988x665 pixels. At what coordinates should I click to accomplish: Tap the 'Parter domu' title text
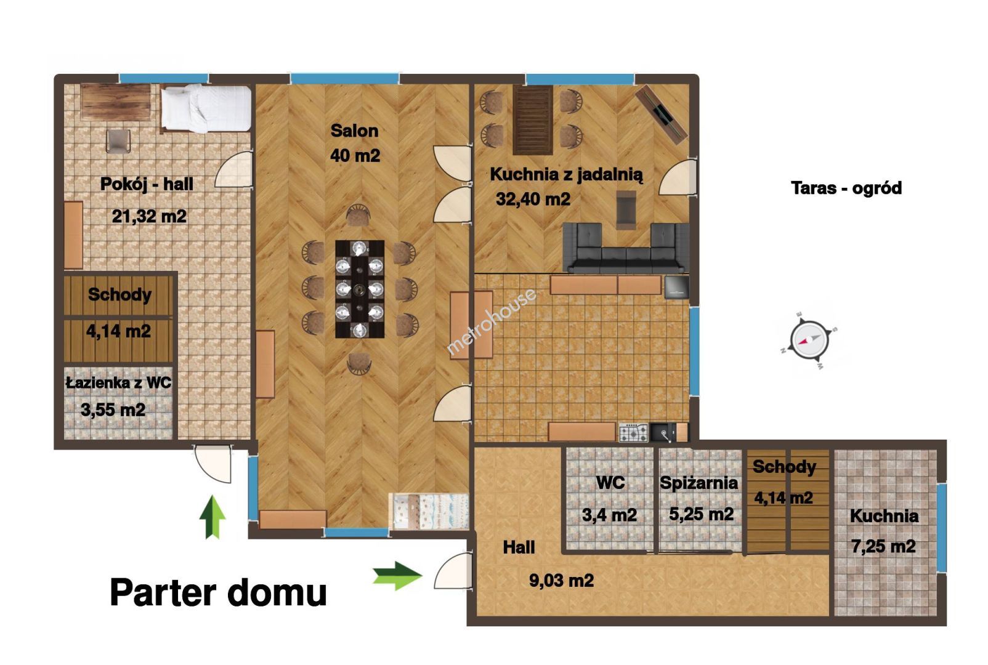tap(218, 593)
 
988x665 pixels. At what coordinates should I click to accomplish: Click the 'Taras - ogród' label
tap(846, 188)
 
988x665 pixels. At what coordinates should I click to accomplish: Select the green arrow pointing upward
tap(213, 517)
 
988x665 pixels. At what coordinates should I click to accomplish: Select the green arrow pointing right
tap(397, 576)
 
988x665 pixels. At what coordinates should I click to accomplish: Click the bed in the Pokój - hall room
tap(206, 109)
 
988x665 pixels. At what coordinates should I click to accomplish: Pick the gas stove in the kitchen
tap(633, 433)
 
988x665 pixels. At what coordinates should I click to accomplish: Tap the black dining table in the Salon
tap(360, 289)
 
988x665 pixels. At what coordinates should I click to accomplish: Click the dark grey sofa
tap(626, 248)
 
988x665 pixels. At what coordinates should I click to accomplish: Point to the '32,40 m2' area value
tap(533, 199)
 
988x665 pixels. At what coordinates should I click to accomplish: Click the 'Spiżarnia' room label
tap(698, 483)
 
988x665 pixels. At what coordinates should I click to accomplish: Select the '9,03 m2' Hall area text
tap(561, 580)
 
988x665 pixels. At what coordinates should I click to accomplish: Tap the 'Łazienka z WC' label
tap(119, 383)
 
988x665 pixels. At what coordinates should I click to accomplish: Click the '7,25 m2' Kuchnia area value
tap(883, 547)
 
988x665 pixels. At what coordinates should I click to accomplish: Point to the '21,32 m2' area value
tap(149, 217)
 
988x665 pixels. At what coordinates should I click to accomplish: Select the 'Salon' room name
tap(355, 131)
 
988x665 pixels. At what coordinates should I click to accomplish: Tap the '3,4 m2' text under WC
tap(609, 515)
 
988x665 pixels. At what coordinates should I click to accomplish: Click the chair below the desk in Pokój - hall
tap(118, 141)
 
